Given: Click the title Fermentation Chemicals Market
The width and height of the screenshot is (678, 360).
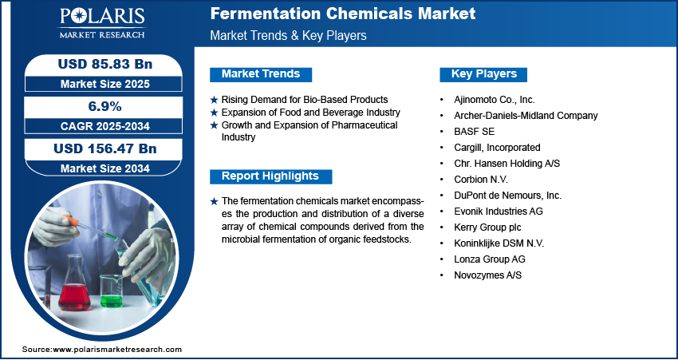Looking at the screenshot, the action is point(343,14).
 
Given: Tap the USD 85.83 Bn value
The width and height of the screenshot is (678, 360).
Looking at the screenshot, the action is point(105,64).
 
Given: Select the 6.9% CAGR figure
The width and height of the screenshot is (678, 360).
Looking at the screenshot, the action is point(105,106).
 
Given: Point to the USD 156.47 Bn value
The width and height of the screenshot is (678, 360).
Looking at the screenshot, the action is point(105,148).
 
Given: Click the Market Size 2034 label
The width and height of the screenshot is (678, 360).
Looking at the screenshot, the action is point(105,168).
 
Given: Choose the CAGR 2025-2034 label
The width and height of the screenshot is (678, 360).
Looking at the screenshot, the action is point(105,126).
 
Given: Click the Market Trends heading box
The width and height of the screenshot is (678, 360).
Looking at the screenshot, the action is point(261,74).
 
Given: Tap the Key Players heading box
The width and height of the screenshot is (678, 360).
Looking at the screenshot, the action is point(483,74).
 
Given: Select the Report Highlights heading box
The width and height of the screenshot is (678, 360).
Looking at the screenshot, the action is point(270,176).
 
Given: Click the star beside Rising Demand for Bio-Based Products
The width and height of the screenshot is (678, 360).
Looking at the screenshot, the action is point(214,100).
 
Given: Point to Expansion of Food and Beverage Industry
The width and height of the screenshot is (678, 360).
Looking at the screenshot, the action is point(310,113).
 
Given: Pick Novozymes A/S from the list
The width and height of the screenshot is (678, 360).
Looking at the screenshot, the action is point(487,275).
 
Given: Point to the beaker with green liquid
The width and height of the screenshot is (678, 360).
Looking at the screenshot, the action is point(112,291).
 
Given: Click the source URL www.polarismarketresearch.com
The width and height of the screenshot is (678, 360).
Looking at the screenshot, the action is point(117,350).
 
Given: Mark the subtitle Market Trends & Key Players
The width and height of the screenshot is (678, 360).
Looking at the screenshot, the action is point(289,35).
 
